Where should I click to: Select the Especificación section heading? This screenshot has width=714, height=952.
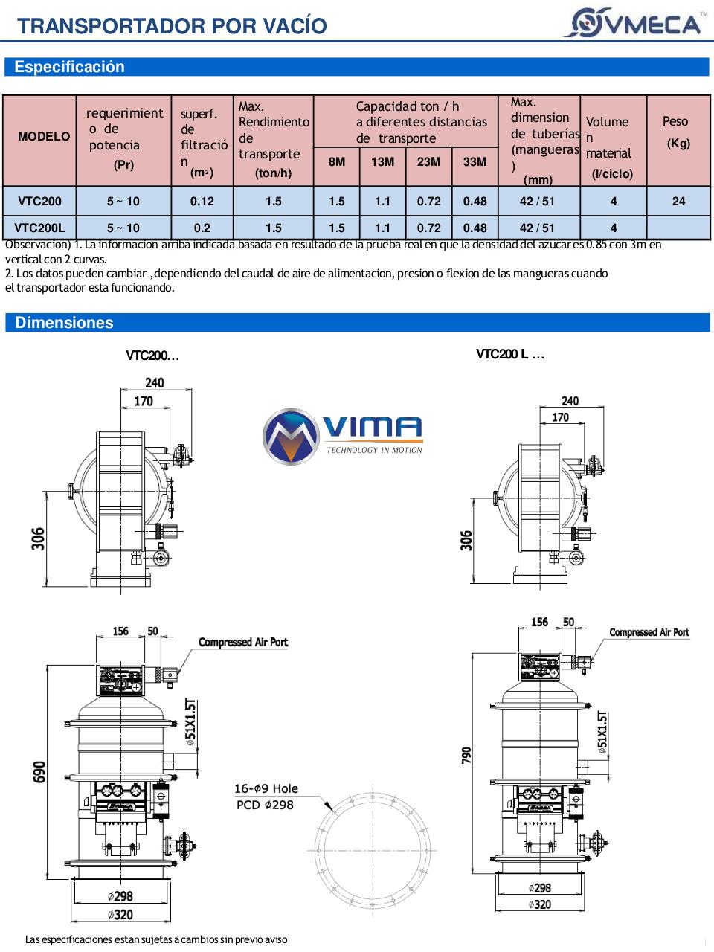[70, 67]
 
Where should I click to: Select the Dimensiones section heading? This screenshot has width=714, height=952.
[65, 323]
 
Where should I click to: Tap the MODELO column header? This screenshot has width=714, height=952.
[44, 137]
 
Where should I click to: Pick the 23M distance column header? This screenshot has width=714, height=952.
[428, 161]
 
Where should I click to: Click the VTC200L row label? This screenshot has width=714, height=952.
[39, 228]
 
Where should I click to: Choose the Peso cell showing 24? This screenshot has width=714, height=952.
[678, 201]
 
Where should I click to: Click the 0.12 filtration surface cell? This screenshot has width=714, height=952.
[202, 201]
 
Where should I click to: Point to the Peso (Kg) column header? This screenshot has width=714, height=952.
[677, 132]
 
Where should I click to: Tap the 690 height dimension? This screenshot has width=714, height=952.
[39, 771]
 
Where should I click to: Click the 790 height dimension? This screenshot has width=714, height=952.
[466, 756]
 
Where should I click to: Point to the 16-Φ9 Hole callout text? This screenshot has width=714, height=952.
[266, 788]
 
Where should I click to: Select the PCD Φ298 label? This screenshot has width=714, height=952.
[265, 805]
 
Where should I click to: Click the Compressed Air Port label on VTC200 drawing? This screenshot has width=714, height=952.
[243, 642]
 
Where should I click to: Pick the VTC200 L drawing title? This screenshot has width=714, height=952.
[510, 354]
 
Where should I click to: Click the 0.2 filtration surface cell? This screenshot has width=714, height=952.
[202, 228]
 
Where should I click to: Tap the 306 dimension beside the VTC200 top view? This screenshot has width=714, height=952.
[38, 538]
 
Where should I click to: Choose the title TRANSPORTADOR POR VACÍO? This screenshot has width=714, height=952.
[172, 26]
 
